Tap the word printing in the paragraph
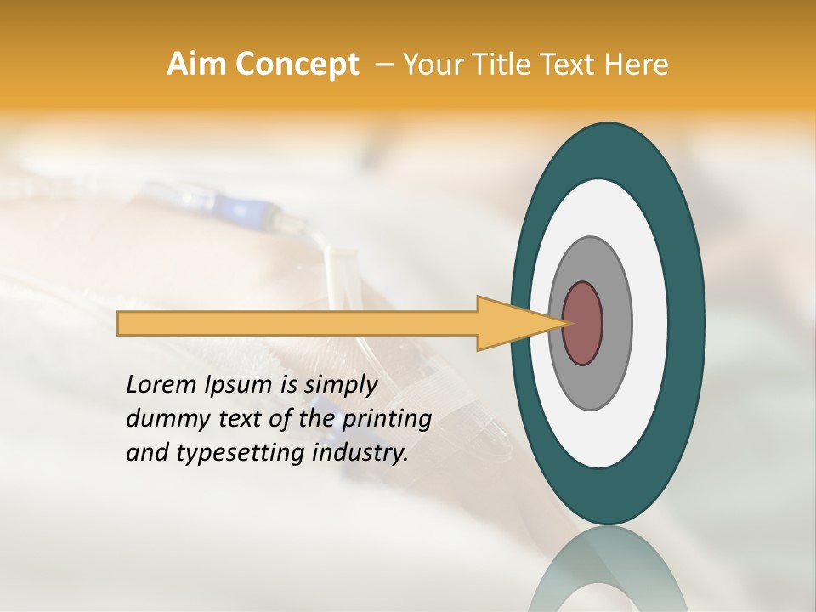tap(387, 419)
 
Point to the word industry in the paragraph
tap(360, 453)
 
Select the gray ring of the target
tap(615, 324)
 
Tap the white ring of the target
tap(646, 324)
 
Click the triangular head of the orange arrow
tap(510, 324)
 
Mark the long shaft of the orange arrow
tap(297, 324)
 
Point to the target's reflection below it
tap(609, 569)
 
